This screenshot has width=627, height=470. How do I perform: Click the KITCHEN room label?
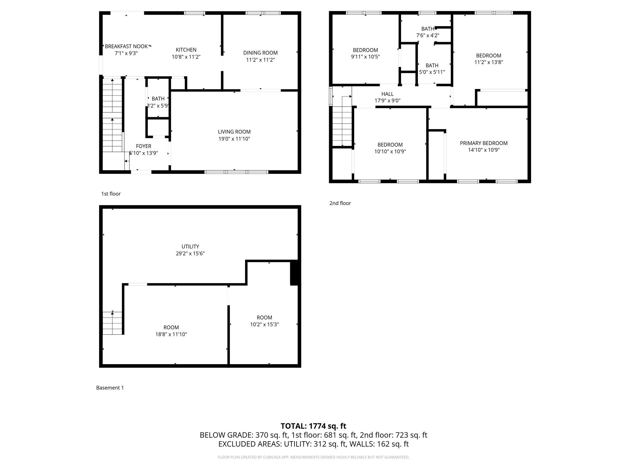point(186,50)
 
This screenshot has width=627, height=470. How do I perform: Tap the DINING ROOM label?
point(260,53)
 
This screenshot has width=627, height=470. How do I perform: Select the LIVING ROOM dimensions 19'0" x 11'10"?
point(234,139)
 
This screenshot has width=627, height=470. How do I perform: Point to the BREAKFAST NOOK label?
point(126,47)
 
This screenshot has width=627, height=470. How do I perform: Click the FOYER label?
point(143,146)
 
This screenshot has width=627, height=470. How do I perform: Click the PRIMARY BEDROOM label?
point(483,143)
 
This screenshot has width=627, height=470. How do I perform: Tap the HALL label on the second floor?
point(387,94)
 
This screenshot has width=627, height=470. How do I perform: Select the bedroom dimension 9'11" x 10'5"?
point(365,57)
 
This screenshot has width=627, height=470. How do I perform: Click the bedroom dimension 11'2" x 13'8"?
point(488,62)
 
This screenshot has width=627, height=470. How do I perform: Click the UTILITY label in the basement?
point(190,247)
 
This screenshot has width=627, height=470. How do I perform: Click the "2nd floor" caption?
point(340,203)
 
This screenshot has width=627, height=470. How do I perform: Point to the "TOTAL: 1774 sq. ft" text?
point(313,426)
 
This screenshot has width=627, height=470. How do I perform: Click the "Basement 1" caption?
point(110,388)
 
